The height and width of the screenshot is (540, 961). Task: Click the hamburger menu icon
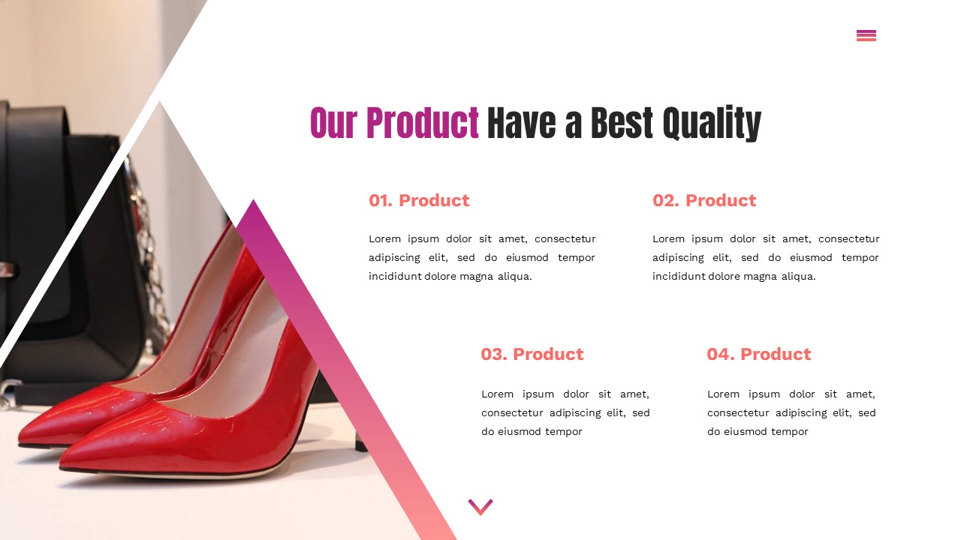pos(866,35)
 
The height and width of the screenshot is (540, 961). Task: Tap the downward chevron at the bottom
pos(480,507)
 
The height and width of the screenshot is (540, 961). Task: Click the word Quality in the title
pos(712,124)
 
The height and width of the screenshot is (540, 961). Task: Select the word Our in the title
pos(333,124)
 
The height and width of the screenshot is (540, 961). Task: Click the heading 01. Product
pos(419,200)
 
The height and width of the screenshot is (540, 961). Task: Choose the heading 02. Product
pos(704,200)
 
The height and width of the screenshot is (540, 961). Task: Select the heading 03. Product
pos(532,354)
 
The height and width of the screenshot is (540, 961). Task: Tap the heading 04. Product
pos(759,354)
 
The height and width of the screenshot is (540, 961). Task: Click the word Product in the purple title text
pos(422,124)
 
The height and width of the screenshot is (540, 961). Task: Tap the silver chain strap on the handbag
pos(146,247)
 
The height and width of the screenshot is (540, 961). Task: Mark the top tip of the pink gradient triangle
pos(253,201)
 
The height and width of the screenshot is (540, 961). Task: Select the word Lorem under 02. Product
pos(669,238)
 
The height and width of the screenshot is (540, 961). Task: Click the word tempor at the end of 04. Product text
pos(789,431)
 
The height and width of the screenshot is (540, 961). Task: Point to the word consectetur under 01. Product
pos(565,238)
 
